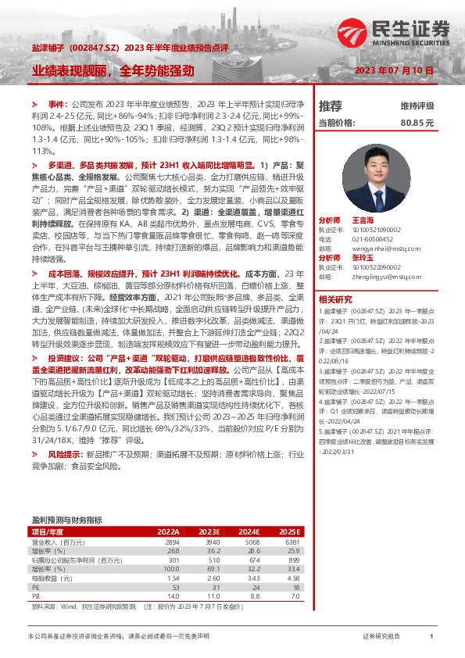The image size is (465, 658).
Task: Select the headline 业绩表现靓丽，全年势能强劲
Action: pyautogui.click(x=113, y=70)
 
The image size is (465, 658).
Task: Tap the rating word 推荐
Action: pyautogui.click(x=331, y=105)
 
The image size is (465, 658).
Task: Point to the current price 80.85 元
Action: pyautogui.click(x=417, y=123)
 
